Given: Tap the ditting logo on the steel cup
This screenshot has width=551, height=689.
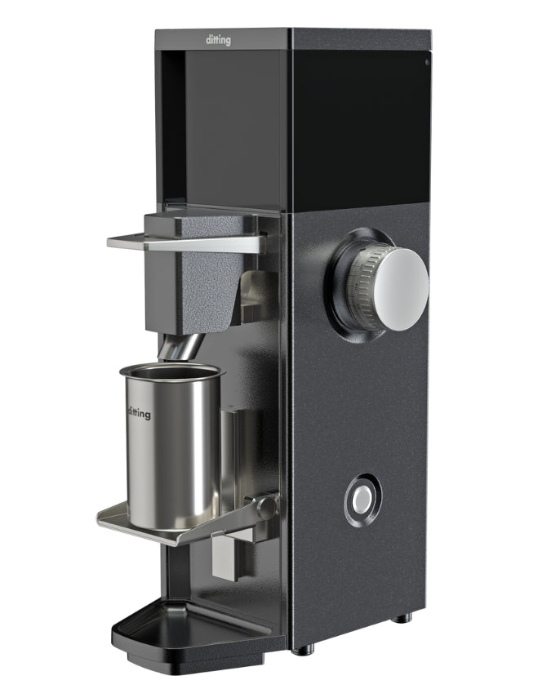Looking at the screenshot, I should [139, 413].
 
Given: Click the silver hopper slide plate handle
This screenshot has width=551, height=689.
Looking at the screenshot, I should [184, 242].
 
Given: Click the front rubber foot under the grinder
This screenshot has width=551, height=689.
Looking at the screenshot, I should [304, 650].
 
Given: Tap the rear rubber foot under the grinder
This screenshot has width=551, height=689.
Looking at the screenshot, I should [401, 618].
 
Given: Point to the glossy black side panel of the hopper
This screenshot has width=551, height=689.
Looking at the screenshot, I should [359, 122].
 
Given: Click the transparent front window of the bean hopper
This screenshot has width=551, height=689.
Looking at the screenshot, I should [233, 122].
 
